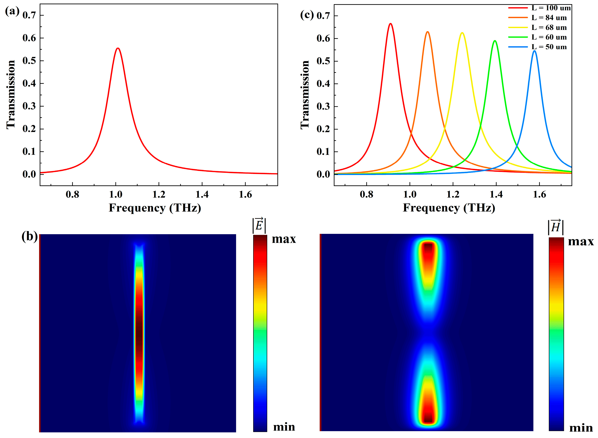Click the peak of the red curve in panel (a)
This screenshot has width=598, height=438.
coord(118,48)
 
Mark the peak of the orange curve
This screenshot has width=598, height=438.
coord(427,32)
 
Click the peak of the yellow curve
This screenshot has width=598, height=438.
coord(462,33)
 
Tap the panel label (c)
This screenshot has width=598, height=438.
coord(307,15)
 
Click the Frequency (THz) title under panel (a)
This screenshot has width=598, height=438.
coord(155,208)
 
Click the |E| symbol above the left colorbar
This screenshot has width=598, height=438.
coord(259,226)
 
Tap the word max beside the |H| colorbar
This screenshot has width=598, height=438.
coord(581,241)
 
